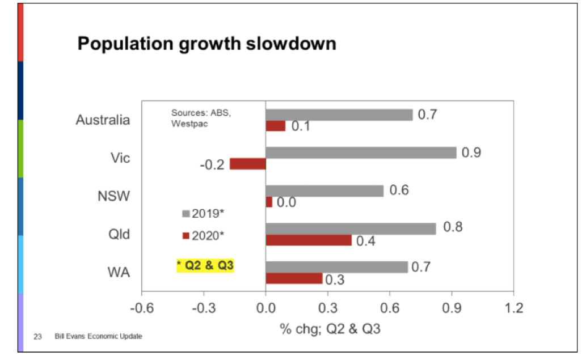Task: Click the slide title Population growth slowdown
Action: [206, 44]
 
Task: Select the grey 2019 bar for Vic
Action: [361, 153]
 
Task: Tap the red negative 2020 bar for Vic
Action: [248, 164]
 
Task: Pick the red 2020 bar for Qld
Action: [309, 240]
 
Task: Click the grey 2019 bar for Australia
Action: [339, 115]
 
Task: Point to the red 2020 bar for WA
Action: [294, 278]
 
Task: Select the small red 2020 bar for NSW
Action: [269, 202]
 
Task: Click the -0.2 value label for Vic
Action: [212, 164]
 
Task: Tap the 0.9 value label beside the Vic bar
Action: [471, 153]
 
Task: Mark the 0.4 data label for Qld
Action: [365, 241]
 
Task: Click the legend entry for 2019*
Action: [203, 214]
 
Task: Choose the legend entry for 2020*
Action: [203, 236]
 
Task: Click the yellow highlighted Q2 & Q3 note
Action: [205, 265]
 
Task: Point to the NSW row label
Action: [113, 196]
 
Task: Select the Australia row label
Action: [103, 120]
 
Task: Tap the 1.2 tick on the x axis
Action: [514, 308]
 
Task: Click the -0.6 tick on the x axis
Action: [142, 308]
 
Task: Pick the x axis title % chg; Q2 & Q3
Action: [330, 329]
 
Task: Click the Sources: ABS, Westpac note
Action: [201, 118]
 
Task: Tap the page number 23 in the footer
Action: [37, 337]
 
